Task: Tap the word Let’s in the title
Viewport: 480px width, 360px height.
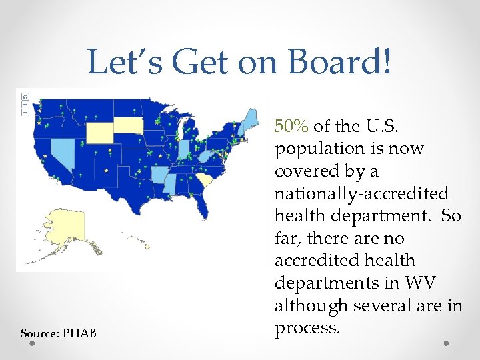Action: pyautogui.click(x=125, y=63)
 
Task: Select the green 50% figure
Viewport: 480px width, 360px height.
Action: pyautogui.click(x=292, y=125)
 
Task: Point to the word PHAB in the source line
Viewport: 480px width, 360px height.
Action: pyautogui.click(x=79, y=333)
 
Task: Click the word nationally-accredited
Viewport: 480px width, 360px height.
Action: pyautogui.click(x=361, y=193)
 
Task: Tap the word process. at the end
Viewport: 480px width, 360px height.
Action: pyautogui.click(x=306, y=328)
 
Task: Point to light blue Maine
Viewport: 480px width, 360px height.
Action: pyautogui.click(x=250, y=124)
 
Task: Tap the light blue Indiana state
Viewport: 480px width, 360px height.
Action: pyautogui.click(x=183, y=151)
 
